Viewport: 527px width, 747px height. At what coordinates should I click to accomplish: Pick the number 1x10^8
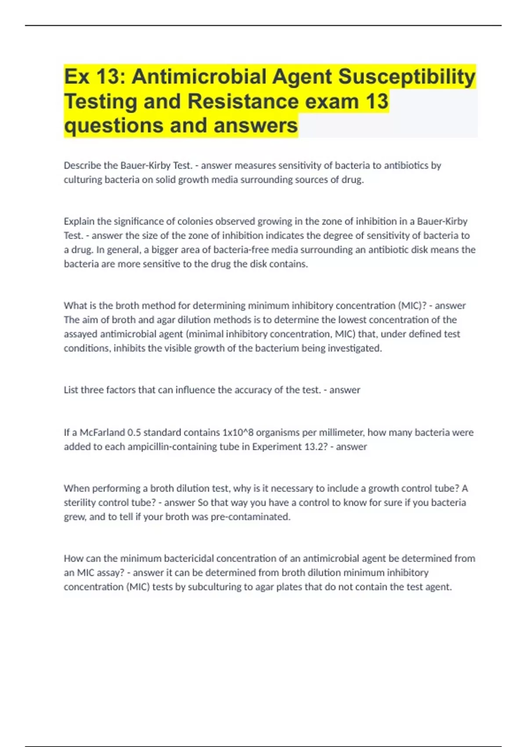pos(238,432)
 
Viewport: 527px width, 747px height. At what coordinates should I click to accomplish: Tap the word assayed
pos(80,334)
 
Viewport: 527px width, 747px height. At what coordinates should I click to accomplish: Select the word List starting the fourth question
pos(71,390)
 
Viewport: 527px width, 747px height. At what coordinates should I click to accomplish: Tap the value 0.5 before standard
pos(134,432)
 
